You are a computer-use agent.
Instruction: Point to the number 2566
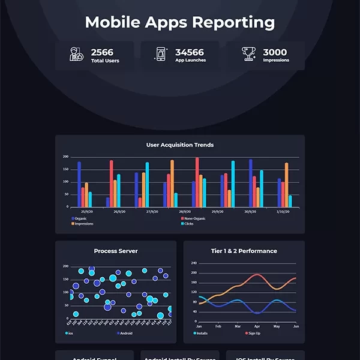coord(103,52)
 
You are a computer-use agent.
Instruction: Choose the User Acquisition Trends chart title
coord(180,145)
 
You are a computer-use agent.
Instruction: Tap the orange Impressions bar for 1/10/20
coord(286,185)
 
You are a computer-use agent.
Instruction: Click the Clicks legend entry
coord(188,224)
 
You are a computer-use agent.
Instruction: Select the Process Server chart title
coord(116,251)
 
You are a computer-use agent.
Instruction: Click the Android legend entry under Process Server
coord(124,333)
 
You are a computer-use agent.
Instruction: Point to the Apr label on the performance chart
coord(257,326)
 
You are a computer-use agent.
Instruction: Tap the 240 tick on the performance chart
coord(194,263)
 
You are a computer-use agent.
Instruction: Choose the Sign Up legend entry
coord(253,333)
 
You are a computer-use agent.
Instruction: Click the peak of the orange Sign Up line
coord(257,275)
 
